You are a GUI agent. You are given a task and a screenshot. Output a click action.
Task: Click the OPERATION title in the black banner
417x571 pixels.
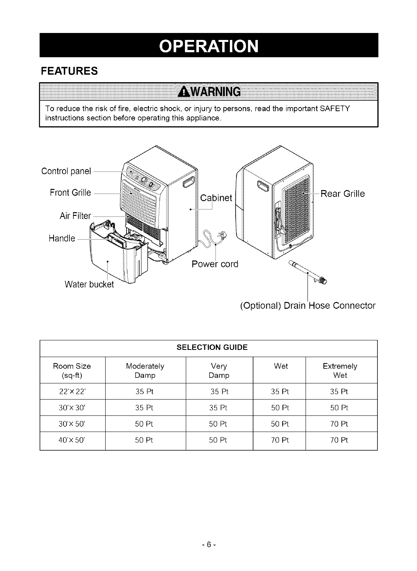208,45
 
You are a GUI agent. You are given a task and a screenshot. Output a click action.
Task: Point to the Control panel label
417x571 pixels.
66,171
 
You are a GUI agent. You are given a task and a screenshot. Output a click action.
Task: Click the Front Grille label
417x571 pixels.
70,192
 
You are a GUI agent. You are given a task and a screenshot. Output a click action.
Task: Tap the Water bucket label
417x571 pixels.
89,284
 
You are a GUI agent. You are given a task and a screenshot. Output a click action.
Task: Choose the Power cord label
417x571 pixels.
215,264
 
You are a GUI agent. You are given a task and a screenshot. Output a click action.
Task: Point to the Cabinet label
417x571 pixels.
216,198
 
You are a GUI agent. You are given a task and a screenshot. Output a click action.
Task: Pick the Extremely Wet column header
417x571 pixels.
340,370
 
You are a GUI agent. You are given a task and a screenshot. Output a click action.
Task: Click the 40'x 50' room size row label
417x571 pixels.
72,440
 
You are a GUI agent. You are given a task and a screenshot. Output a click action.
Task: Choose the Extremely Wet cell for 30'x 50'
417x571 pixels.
340,424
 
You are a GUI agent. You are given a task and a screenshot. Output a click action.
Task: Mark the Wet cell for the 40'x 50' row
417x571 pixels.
280,440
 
